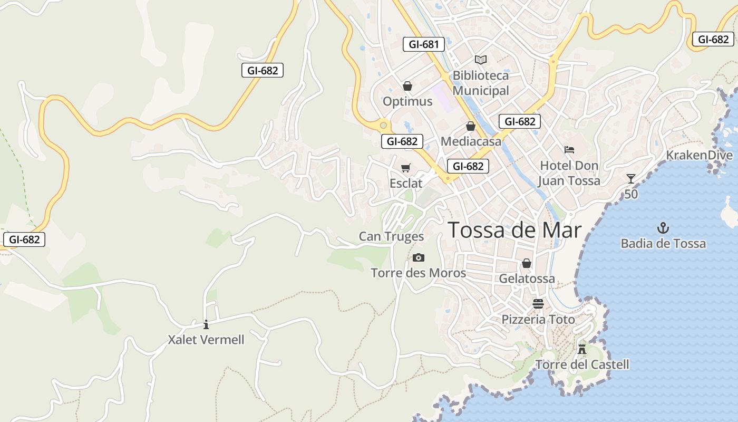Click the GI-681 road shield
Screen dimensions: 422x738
(x=424, y=44)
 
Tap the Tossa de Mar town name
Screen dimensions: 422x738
(x=514, y=231)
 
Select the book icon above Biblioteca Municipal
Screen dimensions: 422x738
(x=480, y=60)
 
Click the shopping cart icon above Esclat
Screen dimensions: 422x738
(x=406, y=168)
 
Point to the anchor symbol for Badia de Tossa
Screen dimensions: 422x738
(x=663, y=228)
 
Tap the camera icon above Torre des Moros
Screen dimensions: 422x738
(x=419, y=257)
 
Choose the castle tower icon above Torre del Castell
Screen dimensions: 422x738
(x=582, y=349)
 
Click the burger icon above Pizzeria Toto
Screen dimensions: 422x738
(x=538, y=304)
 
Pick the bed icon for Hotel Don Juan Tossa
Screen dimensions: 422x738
(x=569, y=150)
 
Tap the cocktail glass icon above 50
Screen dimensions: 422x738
(x=631, y=179)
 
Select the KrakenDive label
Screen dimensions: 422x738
(x=699, y=155)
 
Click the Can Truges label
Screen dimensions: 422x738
(x=391, y=236)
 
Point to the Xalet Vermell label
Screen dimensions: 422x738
(x=206, y=340)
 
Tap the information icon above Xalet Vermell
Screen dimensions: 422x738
(x=206, y=324)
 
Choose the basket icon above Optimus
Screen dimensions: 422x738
(x=407, y=86)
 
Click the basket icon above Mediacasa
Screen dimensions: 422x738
(x=470, y=126)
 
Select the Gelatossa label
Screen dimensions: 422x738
(x=527, y=279)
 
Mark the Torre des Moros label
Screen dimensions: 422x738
(x=419, y=273)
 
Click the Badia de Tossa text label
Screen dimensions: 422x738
(x=663, y=244)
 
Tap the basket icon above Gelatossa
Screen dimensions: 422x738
(x=526, y=263)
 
